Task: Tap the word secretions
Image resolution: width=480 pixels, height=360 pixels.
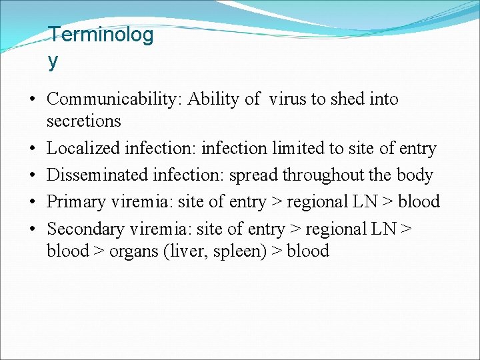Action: coord(84,121)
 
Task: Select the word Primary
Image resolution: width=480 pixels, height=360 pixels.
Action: coord(73,202)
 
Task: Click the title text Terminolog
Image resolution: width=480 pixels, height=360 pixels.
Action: coord(101,35)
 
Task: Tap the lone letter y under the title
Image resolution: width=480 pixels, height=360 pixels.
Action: coord(53,61)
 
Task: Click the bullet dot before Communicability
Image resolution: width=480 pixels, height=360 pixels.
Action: coord(32,100)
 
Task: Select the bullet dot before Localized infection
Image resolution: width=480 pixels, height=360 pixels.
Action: coord(32,149)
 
